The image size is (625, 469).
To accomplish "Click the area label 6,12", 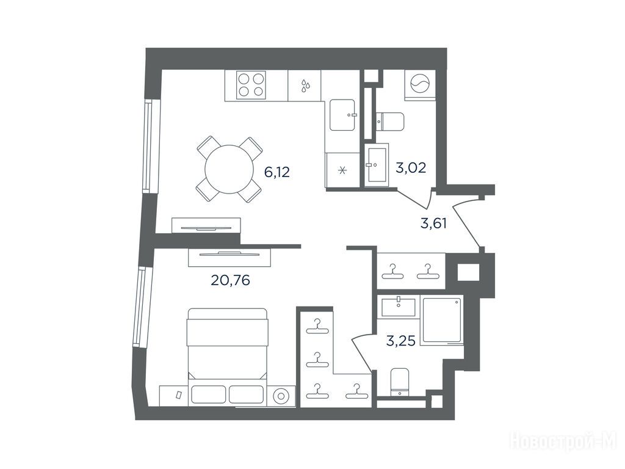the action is (x=277, y=172).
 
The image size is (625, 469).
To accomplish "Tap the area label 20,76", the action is (x=230, y=281).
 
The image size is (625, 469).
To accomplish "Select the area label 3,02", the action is (x=411, y=167).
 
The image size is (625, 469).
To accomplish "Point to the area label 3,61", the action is (x=434, y=223).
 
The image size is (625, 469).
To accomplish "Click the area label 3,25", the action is (x=402, y=340).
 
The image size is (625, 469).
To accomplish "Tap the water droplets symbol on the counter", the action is (x=305, y=85).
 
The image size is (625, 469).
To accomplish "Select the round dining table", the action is (x=229, y=169).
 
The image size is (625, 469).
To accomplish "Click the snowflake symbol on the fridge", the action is (x=342, y=171).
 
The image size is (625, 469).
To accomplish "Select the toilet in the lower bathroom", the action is (x=400, y=382).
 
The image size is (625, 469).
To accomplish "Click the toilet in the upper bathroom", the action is (x=391, y=122).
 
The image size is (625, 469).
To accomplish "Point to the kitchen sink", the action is (x=342, y=115).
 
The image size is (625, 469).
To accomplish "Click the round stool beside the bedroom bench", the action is (x=281, y=396).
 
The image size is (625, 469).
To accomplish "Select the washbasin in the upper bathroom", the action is (x=376, y=164).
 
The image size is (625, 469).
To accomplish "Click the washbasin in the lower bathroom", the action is (x=398, y=307).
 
